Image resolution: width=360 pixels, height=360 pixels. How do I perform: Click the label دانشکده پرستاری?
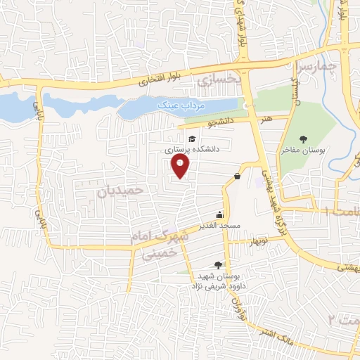click(x=193, y=150)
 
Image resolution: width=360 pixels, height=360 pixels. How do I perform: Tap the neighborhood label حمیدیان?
click(x=120, y=191)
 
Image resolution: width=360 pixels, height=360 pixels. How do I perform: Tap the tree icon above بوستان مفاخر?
click(x=303, y=139)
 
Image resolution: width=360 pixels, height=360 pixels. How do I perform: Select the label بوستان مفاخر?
click(x=302, y=150)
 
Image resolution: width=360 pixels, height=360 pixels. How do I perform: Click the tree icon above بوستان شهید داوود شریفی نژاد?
click(x=218, y=265)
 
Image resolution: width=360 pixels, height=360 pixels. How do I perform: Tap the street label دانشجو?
click(x=221, y=124)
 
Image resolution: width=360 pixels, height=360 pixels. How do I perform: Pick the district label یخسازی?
click(x=218, y=79)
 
